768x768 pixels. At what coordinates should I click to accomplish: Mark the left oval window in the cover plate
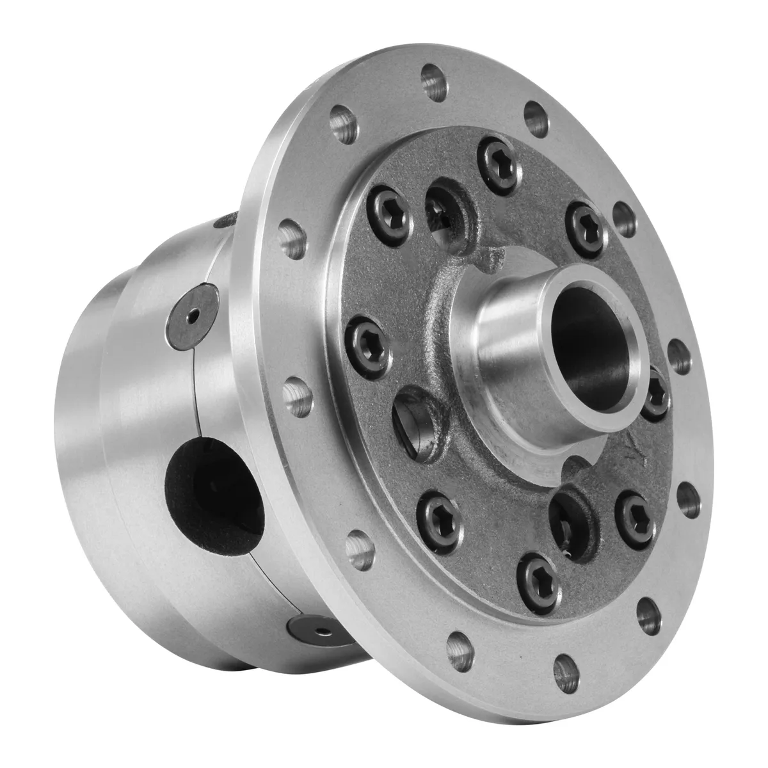pos(416,419)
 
